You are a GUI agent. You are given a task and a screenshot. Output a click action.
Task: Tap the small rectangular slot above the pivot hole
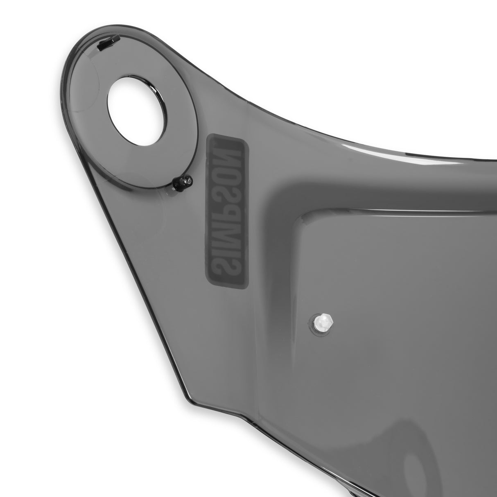pos(107,43)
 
